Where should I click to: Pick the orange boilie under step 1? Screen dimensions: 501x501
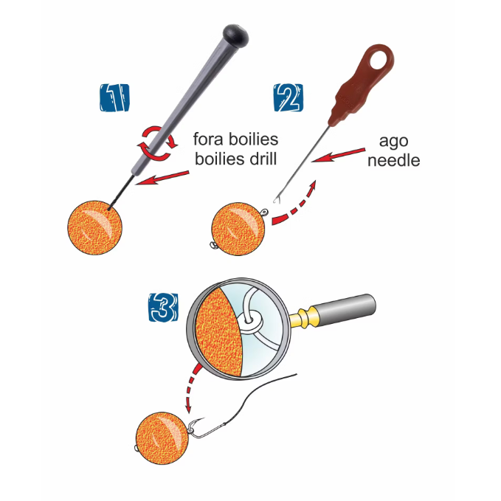[94, 228]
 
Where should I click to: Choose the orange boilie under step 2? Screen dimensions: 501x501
[239, 224]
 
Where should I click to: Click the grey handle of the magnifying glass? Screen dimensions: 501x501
[346, 311]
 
